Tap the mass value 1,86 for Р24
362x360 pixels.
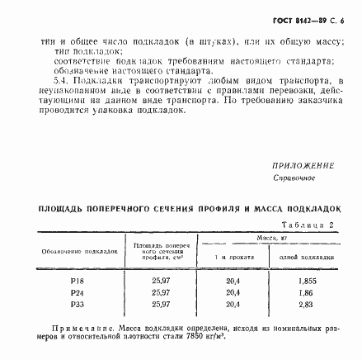[x=307, y=292]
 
